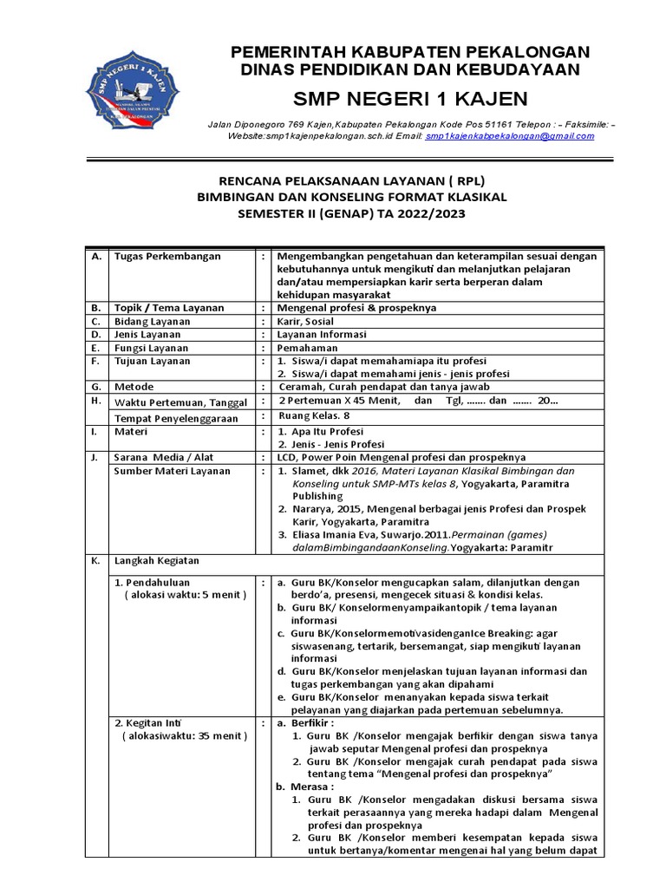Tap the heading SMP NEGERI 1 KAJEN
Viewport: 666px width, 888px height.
click(409, 96)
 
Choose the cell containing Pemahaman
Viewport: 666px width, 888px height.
click(307, 347)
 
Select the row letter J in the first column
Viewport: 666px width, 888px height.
click(94, 456)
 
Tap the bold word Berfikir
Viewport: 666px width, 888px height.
click(315, 721)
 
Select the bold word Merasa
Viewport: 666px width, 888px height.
click(314, 787)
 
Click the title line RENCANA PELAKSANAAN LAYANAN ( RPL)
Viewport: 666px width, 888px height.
click(351, 181)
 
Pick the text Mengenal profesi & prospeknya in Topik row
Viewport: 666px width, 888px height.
click(356, 307)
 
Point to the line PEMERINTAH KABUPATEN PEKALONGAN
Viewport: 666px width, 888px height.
click(409, 53)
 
